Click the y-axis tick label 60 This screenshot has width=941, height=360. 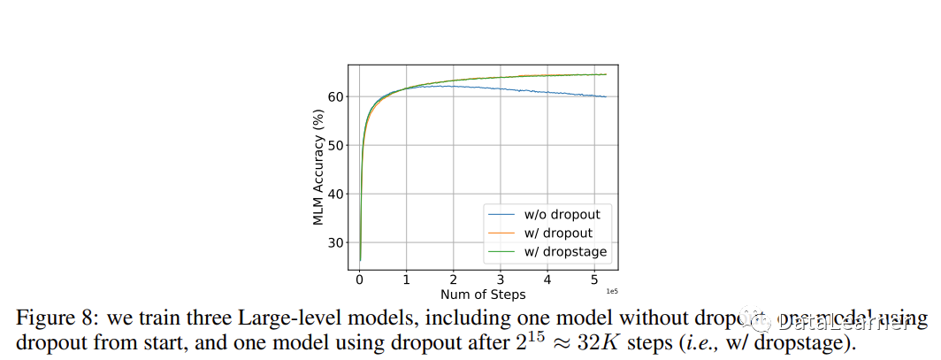[337, 96]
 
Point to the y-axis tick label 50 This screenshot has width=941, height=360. [337, 145]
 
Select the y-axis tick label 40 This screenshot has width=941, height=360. [337, 194]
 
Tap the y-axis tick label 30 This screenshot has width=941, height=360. [337, 242]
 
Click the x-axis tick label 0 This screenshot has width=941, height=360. [360, 280]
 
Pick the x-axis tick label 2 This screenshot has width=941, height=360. [454, 280]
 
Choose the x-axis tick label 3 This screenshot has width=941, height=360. [501, 280]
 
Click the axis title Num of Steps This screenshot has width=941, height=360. [483, 295]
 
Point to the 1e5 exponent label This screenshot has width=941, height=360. [610, 290]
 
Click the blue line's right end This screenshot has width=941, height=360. [606, 96]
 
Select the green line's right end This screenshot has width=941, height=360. [606, 74]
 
